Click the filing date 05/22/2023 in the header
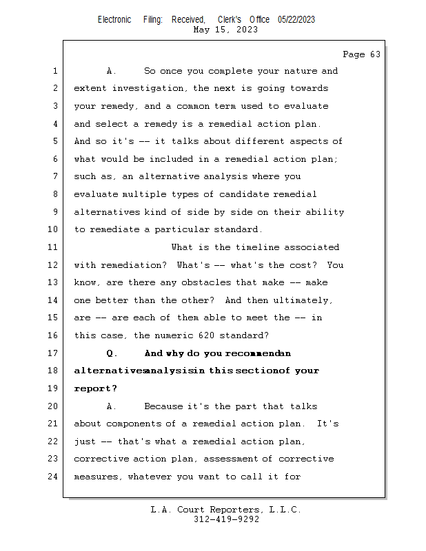click(x=296, y=19)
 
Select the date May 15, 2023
click(x=226, y=30)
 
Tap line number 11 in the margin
click(x=54, y=247)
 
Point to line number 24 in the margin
click(x=54, y=477)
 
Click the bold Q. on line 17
click(x=112, y=353)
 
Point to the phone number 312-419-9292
click(x=226, y=519)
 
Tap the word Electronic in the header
click(x=114, y=19)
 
